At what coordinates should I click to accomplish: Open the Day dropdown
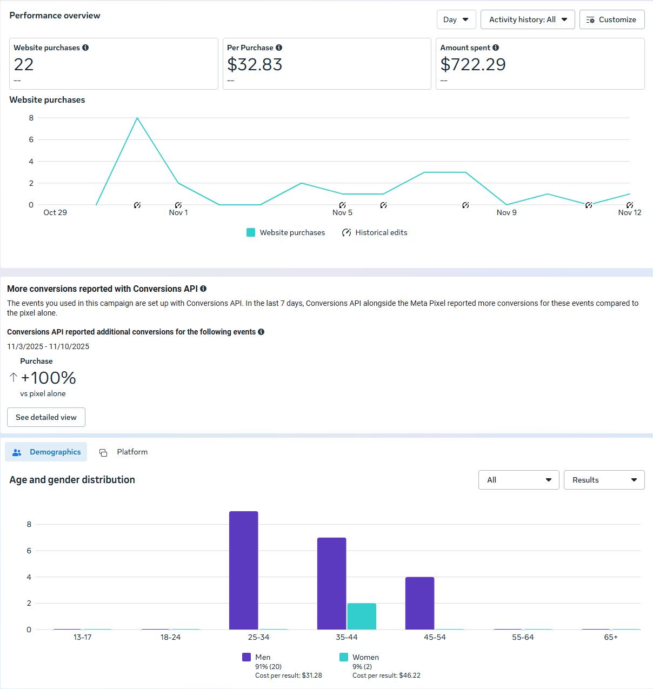(x=456, y=19)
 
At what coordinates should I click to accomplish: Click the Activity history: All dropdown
(x=527, y=19)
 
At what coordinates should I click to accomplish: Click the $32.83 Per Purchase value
(x=255, y=64)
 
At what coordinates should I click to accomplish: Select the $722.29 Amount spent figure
(x=473, y=64)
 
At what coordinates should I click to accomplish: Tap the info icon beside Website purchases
(x=85, y=48)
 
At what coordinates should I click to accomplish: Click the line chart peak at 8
(x=137, y=118)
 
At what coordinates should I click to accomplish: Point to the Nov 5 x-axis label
(x=342, y=212)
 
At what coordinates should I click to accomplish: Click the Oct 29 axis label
(x=55, y=212)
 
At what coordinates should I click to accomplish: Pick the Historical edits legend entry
(x=375, y=232)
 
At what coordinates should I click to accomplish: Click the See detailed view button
(x=46, y=417)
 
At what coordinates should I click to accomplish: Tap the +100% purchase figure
(x=48, y=378)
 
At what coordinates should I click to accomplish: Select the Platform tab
(x=124, y=452)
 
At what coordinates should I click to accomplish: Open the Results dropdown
(x=604, y=480)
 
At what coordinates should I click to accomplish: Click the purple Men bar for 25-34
(x=244, y=570)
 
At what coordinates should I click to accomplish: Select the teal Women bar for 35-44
(x=362, y=616)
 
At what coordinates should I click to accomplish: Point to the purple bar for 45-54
(x=419, y=603)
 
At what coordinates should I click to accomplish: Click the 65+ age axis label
(x=611, y=637)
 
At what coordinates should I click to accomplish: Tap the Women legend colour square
(x=344, y=657)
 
